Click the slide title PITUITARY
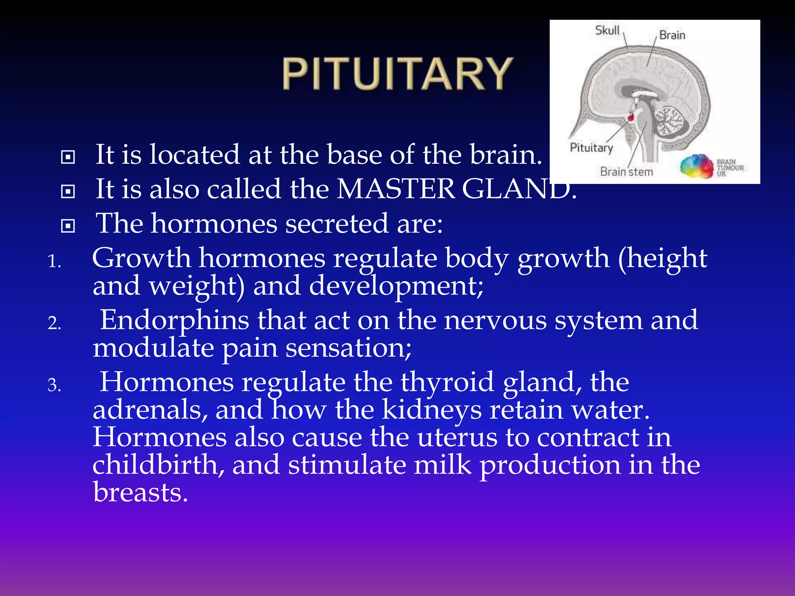click(397, 74)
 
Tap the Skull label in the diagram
click(607, 30)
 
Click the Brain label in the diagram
click(672, 35)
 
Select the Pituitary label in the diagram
click(591, 147)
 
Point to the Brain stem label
click(626, 172)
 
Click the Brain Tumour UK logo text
click(729, 168)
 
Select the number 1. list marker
click(54, 262)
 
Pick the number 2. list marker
click(54, 323)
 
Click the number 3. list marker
click(54, 385)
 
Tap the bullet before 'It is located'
click(68, 157)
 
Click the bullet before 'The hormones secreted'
click(68, 226)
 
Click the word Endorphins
click(175, 321)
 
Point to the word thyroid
click(447, 382)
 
